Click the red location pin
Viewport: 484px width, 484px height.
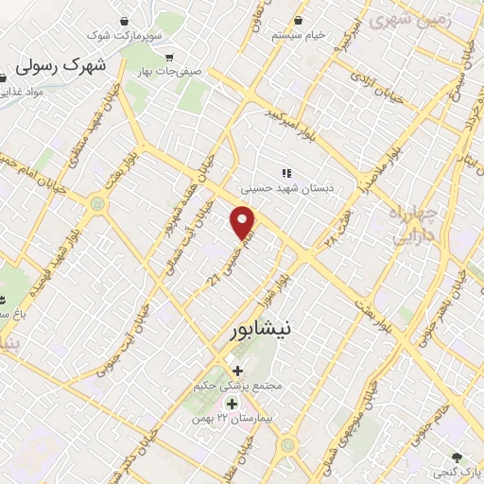click(244, 222)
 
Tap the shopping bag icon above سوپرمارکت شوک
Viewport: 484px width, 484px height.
click(125, 20)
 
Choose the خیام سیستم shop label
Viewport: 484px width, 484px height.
click(299, 35)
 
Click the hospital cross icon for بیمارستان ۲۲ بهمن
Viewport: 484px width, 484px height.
click(232, 404)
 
